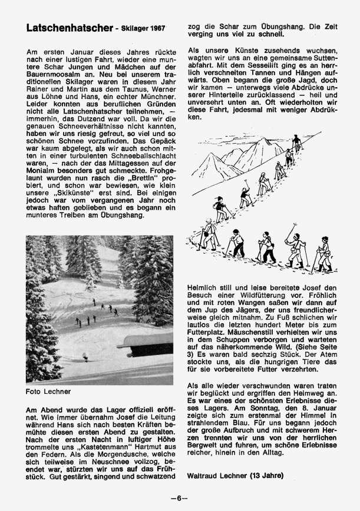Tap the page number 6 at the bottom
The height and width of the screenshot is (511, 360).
(x=180, y=497)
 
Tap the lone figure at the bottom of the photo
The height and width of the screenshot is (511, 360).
(x=84, y=357)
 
